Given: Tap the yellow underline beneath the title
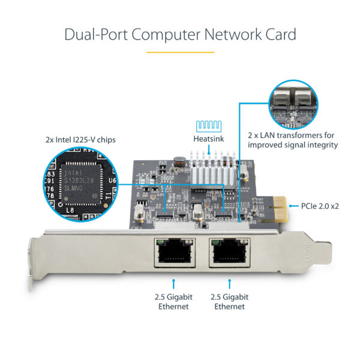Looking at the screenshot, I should [180, 52].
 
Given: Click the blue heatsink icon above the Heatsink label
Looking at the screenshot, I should [207, 125].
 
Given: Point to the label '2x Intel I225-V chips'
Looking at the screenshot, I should [80, 140].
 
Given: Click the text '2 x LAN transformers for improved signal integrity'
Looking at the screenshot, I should [292, 140].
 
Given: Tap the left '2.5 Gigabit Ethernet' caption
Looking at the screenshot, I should [173, 301].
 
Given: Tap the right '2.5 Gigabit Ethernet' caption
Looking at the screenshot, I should [229, 301].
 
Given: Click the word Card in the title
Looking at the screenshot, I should [279, 34].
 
